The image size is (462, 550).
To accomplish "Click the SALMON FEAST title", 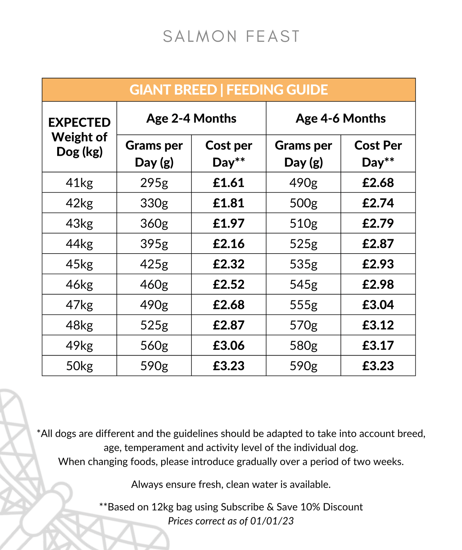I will point(231,36).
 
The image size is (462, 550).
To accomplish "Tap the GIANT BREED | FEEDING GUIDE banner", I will point(229,90).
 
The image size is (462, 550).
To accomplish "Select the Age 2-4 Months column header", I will point(191,118).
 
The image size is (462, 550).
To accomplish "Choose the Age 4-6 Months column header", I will point(341,118).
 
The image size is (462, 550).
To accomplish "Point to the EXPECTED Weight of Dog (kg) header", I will point(79,137).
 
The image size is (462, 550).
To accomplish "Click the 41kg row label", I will point(79,183).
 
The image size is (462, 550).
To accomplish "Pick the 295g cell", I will point(154,183).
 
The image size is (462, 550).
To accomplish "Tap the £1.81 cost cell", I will point(229,203).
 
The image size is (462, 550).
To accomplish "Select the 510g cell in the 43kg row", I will point(303,223).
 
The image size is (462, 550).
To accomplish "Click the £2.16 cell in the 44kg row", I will point(229,244).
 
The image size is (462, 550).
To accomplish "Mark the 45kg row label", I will point(79,264).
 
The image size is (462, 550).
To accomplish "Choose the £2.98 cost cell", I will point(378,284).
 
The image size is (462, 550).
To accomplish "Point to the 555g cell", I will point(303,305).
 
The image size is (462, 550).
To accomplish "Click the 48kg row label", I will point(79,325).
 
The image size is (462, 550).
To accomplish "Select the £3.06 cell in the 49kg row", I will point(229,345).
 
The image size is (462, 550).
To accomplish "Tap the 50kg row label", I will point(79,366).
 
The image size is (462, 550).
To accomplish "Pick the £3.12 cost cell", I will point(378,325).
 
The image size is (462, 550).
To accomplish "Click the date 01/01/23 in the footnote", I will point(272,521).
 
